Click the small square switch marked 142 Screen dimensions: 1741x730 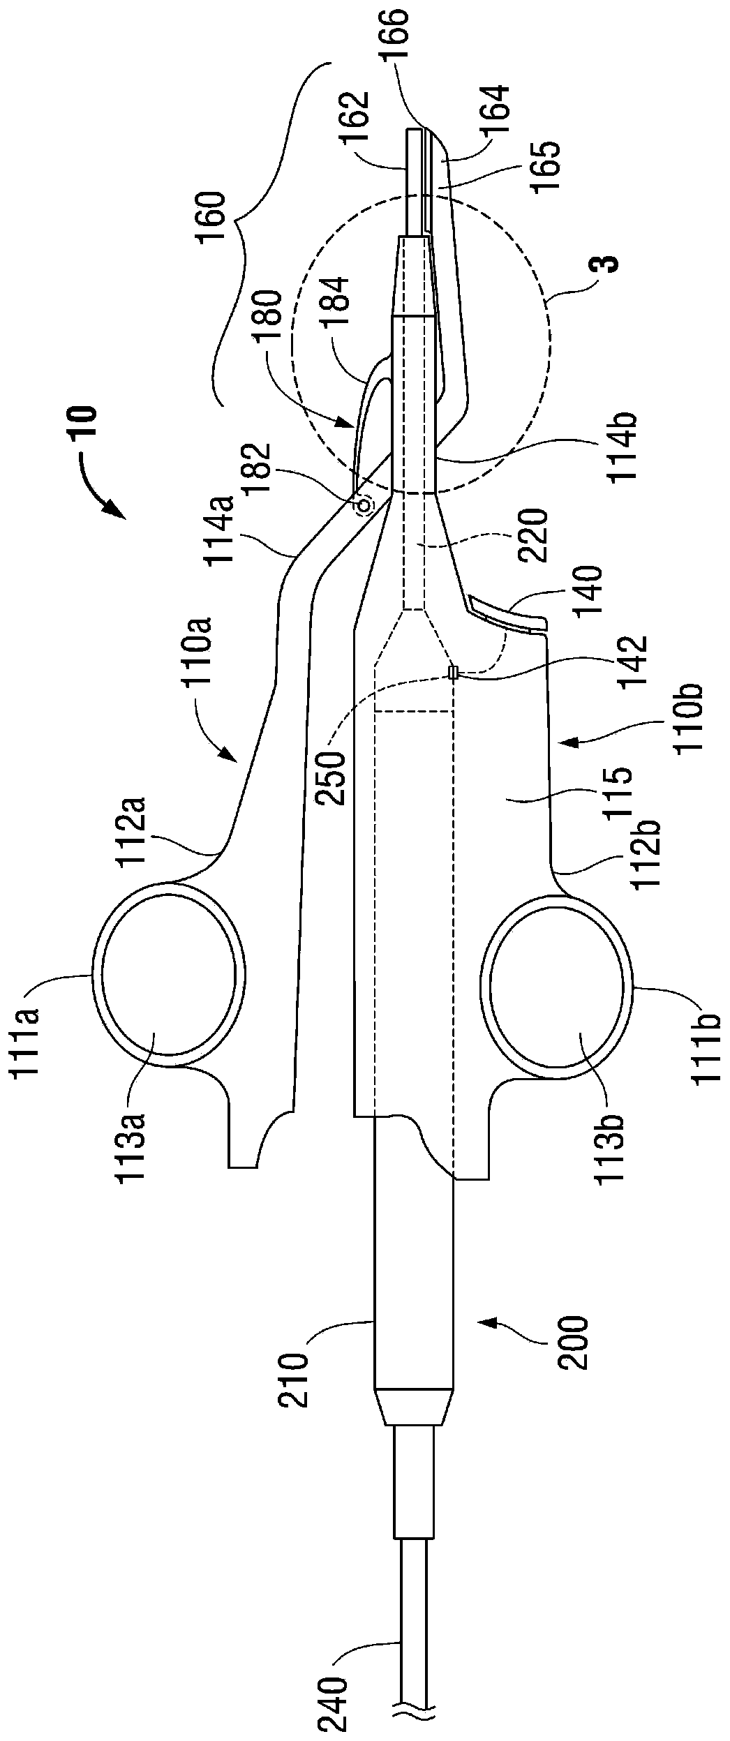(x=454, y=673)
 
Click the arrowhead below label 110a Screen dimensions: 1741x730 (x=227, y=754)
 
